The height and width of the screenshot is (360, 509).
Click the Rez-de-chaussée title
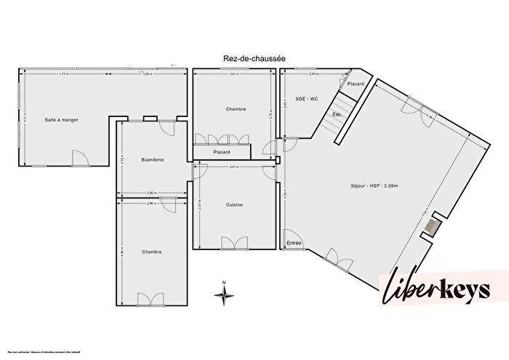coord(254,58)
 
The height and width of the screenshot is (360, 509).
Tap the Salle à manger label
coord(62,119)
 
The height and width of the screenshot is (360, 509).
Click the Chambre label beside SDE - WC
coord(236,109)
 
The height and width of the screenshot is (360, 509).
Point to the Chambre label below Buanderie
coord(152,252)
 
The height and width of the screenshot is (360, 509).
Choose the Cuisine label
coord(234,205)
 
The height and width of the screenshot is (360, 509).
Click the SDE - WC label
coord(307,98)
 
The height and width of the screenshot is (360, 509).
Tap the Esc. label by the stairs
coord(337,115)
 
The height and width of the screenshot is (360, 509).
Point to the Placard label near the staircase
coord(356,84)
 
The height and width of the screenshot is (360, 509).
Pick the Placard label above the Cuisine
coord(222,152)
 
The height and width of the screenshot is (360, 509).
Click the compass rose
coord(225,293)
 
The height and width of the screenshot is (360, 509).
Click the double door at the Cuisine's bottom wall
coord(234,243)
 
